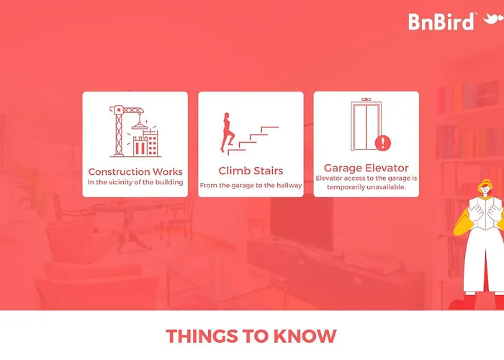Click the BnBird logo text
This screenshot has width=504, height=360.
441,22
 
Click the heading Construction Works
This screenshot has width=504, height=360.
135,171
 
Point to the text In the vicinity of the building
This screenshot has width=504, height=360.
135,182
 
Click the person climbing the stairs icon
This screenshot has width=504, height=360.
227,132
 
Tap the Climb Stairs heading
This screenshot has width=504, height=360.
251,171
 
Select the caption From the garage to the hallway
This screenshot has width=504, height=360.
251,186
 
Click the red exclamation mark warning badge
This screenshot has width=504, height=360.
382,143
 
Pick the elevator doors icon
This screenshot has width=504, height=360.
366,125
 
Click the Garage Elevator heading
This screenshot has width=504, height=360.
366,168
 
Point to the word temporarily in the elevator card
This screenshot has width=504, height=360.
347,187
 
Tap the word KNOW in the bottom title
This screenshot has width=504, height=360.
305,336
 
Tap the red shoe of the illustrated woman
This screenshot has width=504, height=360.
462,302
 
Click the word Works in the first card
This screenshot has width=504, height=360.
168,171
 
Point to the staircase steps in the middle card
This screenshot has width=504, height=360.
253,141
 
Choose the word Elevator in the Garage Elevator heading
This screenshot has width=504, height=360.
387,168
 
